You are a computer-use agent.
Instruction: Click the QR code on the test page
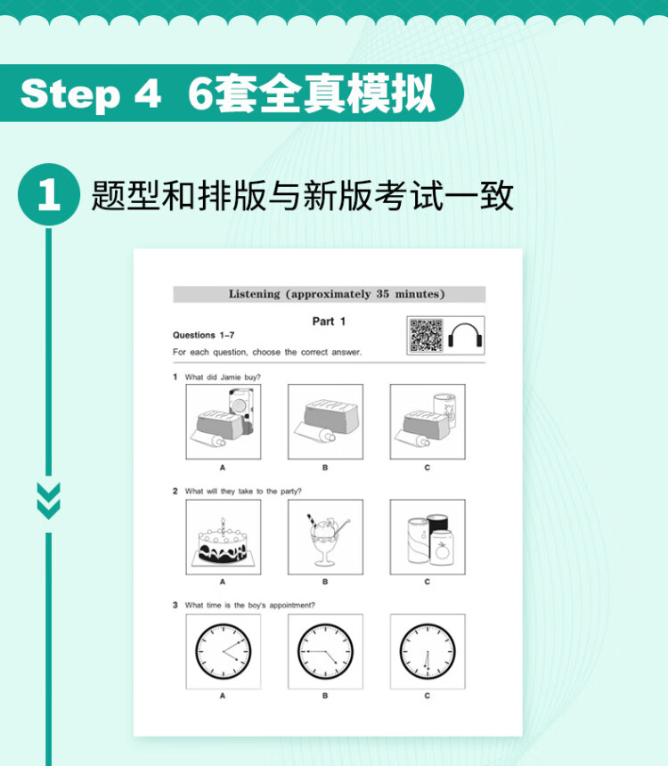(x=426, y=335)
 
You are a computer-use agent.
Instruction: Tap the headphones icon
(x=465, y=336)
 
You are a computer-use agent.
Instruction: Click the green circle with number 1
(x=49, y=194)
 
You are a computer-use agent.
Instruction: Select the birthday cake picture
(x=224, y=537)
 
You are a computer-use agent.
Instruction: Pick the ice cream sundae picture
(x=325, y=537)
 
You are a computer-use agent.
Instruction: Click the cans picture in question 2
(x=428, y=537)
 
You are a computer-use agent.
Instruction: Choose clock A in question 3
(x=224, y=651)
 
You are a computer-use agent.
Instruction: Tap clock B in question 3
(x=325, y=651)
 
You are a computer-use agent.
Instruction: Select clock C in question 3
(x=428, y=651)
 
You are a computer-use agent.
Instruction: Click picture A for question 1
(x=224, y=421)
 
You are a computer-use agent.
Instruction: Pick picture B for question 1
(x=325, y=421)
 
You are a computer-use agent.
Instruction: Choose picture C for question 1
(x=428, y=421)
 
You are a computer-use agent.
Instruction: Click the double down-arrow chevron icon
(x=49, y=501)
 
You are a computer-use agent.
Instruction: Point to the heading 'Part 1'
(x=329, y=322)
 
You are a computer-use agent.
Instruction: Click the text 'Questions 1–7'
(x=203, y=335)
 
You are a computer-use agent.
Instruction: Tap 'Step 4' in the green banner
(x=91, y=94)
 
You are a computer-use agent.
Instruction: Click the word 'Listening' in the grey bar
(x=254, y=294)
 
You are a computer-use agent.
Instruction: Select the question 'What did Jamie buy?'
(x=223, y=377)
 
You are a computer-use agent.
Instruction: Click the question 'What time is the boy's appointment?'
(x=249, y=606)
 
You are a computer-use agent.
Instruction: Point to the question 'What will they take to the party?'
(x=243, y=491)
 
